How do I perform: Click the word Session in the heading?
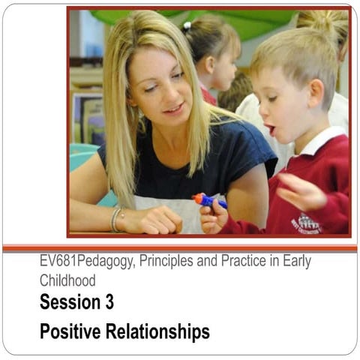click(67, 302)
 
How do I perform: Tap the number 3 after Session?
click(108, 302)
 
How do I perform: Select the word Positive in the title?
click(67, 331)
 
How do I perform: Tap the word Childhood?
click(67, 280)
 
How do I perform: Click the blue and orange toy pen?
click(209, 200)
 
